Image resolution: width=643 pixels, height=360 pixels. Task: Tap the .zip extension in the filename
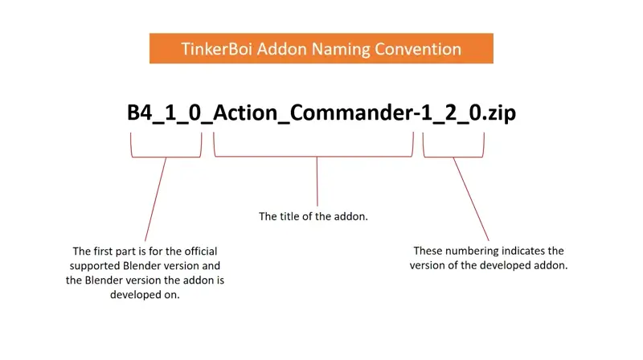click(500, 113)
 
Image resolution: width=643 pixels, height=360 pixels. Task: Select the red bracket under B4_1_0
click(166, 154)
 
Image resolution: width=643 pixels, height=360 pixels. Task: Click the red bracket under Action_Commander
click(314, 154)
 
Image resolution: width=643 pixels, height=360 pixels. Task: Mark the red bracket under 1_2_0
click(454, 154)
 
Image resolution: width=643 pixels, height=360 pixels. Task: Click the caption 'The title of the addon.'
click(313, 216)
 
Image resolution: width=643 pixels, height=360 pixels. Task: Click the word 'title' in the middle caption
click(290, 216)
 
